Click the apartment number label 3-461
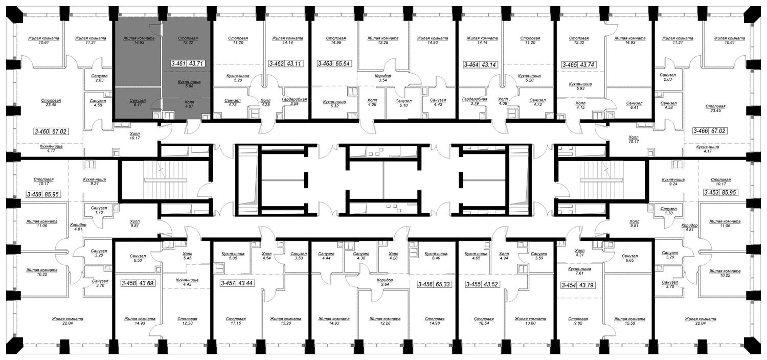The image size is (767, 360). tap(178, 65)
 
